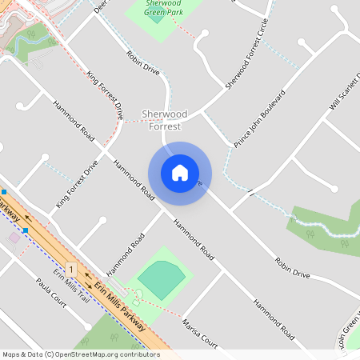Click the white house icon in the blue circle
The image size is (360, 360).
(180, 173)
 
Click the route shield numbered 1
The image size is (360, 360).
(72, 269)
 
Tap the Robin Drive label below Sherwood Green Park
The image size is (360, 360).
(143, 65)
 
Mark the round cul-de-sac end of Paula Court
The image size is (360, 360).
(87, 326)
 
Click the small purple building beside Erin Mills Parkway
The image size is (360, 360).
(14, 238)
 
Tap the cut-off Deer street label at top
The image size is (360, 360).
(100, 6)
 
